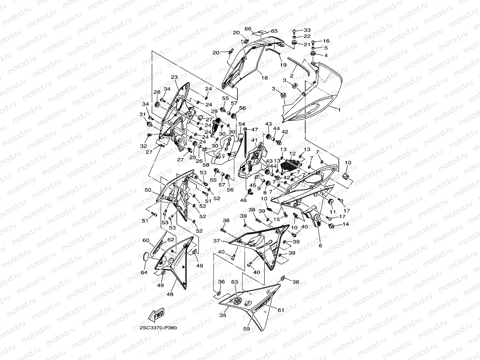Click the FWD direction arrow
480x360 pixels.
pos(155,315)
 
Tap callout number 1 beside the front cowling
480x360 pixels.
pos(338,110)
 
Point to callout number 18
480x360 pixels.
pos(265,78)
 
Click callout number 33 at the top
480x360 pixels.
pos(307,30)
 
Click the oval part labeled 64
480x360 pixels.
pos(146,257)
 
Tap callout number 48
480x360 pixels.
pos(170,294)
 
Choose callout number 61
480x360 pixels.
pos(280,310)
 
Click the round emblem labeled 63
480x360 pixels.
pos(237,301)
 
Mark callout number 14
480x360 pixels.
pos(346,225)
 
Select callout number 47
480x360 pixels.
pos(255,129)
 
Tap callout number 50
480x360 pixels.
pos(148,190)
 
